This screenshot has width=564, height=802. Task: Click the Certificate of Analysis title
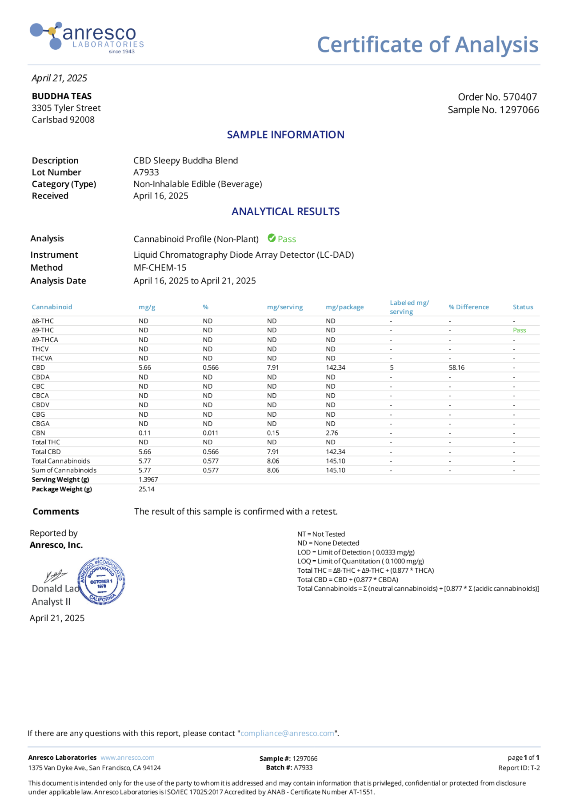427,45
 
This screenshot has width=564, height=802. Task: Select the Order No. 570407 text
497,97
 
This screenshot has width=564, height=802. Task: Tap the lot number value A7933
146,172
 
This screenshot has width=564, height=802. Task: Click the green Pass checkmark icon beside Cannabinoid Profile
272,239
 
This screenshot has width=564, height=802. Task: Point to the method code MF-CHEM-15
160,267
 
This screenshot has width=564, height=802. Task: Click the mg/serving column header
284,307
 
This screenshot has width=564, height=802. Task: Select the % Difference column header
468,307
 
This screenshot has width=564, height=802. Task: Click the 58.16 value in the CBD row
456,367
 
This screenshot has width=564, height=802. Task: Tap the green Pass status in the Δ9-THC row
519,330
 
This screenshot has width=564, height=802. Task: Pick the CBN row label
38,433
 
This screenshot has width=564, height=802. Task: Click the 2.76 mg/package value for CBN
332,433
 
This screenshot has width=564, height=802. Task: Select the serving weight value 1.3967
148,479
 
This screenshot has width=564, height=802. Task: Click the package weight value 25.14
146,489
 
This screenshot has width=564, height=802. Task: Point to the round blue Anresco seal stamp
101,581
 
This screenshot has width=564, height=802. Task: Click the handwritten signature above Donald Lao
55,576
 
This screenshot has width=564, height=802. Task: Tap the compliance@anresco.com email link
287,733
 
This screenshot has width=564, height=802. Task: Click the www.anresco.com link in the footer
127,758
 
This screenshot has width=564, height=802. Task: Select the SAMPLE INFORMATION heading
285,135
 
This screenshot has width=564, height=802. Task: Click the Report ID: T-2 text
519,768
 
